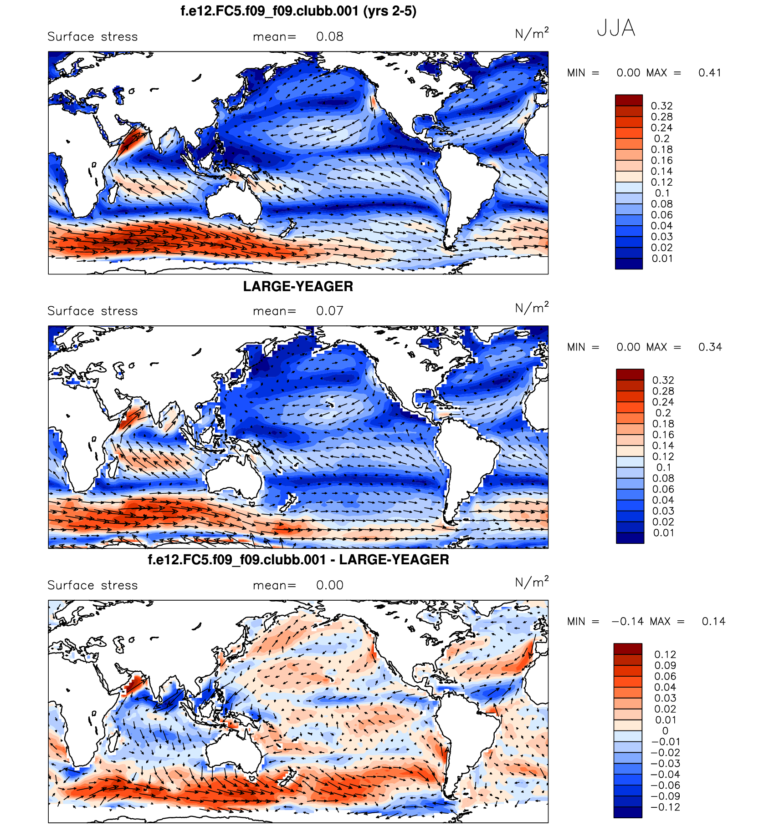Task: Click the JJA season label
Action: coord(615,28)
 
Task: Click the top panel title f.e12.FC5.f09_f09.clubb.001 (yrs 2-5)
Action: coord(298,11)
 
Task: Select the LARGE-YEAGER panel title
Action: coord(298,286)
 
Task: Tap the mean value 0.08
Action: coord(330,37)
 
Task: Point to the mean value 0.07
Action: coord(330,311)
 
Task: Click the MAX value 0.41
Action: coord(710,73)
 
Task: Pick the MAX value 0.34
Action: coord(710,347)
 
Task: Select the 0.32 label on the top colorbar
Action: coord(661,106)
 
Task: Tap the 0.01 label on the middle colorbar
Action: coord(663,533)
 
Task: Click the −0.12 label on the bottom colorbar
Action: coord(665,807)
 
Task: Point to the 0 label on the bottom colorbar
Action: coord(665,731)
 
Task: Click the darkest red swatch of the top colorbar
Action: coord(629,100)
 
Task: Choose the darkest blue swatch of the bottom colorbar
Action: coord(627,812)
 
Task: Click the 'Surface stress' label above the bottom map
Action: coord(92,586)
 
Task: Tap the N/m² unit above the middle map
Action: coord(532,309)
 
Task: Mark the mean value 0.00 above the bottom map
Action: coord(330,586)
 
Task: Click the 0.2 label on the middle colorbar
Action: coord(663,413)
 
